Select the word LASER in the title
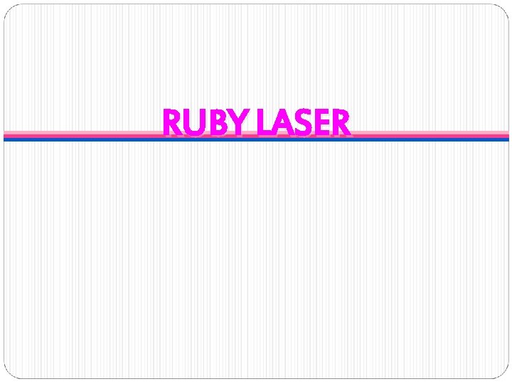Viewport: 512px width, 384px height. (x=304, y=122)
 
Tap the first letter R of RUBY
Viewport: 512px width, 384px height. (x=173, y=123)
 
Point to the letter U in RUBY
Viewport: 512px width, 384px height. (x=195, y=123)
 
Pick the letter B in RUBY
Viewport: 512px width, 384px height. (x=215, y=123)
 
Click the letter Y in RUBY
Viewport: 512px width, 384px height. (x=237, y=123)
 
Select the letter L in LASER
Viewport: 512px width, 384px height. (x=263, y=123)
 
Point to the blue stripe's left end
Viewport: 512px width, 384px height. (x=6, y=139)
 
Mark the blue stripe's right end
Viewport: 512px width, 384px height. (x=506, y=139)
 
